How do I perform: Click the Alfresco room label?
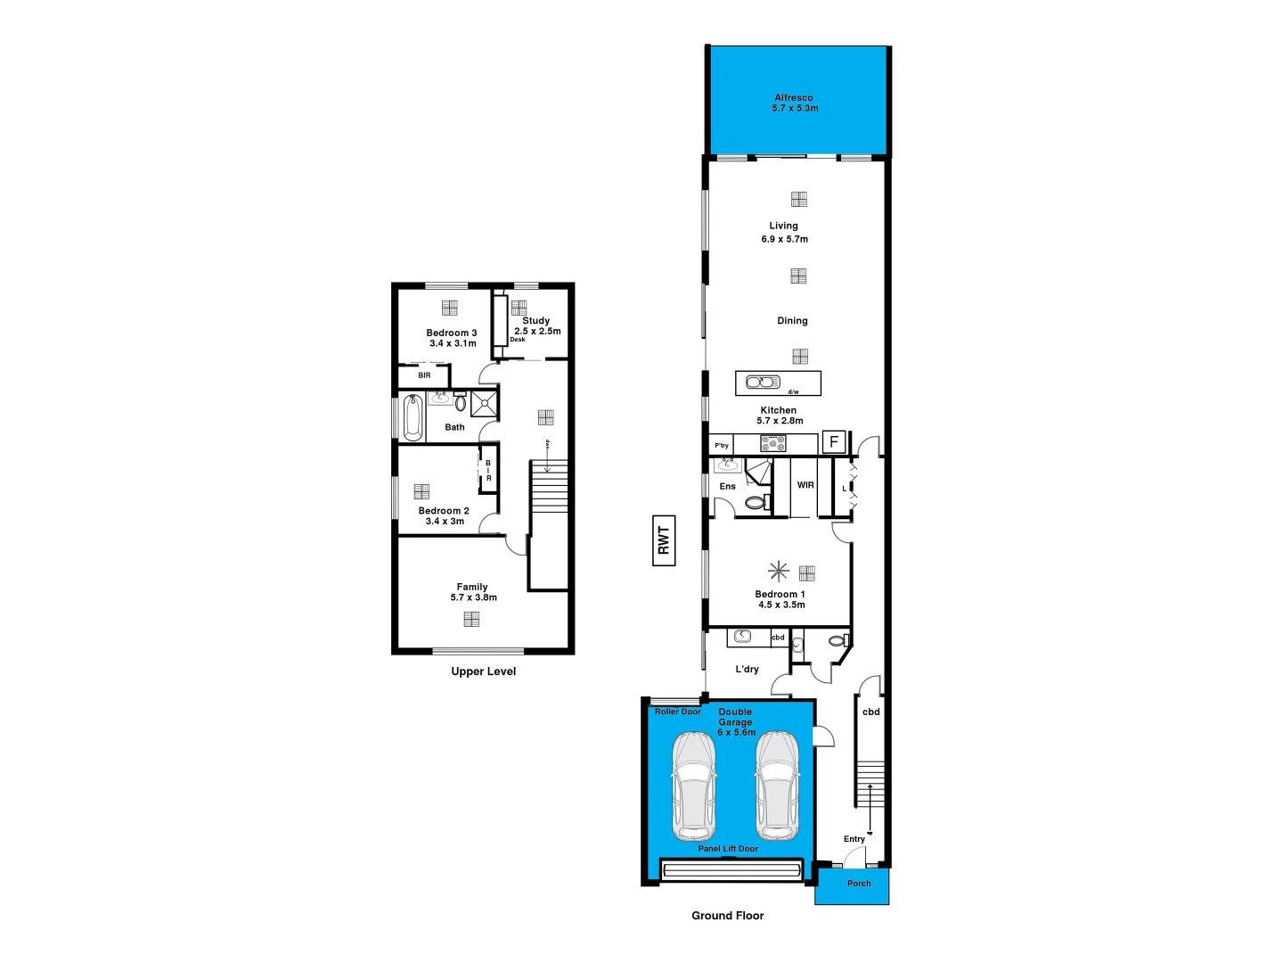pos(793,98)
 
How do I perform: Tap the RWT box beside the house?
pos(664,540)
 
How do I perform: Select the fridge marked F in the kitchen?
pos(834,441)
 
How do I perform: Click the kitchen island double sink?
pos(763,383)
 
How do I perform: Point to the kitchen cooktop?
pos(772,443)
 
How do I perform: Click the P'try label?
pos(722,445)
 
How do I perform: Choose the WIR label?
pos(805,486)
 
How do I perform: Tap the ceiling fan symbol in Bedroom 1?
pos(779,571)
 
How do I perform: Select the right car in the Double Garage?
pos(777,785)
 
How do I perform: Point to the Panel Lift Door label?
pos(728,849)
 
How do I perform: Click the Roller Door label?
pos(677,712)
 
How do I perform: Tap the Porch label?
pos(859,884)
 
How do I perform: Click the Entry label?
pos(854,839)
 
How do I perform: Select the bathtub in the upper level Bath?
pos(413,418)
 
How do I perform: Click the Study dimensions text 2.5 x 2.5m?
pos(537,332)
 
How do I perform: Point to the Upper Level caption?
pos(483,671)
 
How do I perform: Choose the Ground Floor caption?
pos(727,916)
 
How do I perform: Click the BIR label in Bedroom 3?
pos(424,375)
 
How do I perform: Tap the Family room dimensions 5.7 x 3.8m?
pos(473,597)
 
